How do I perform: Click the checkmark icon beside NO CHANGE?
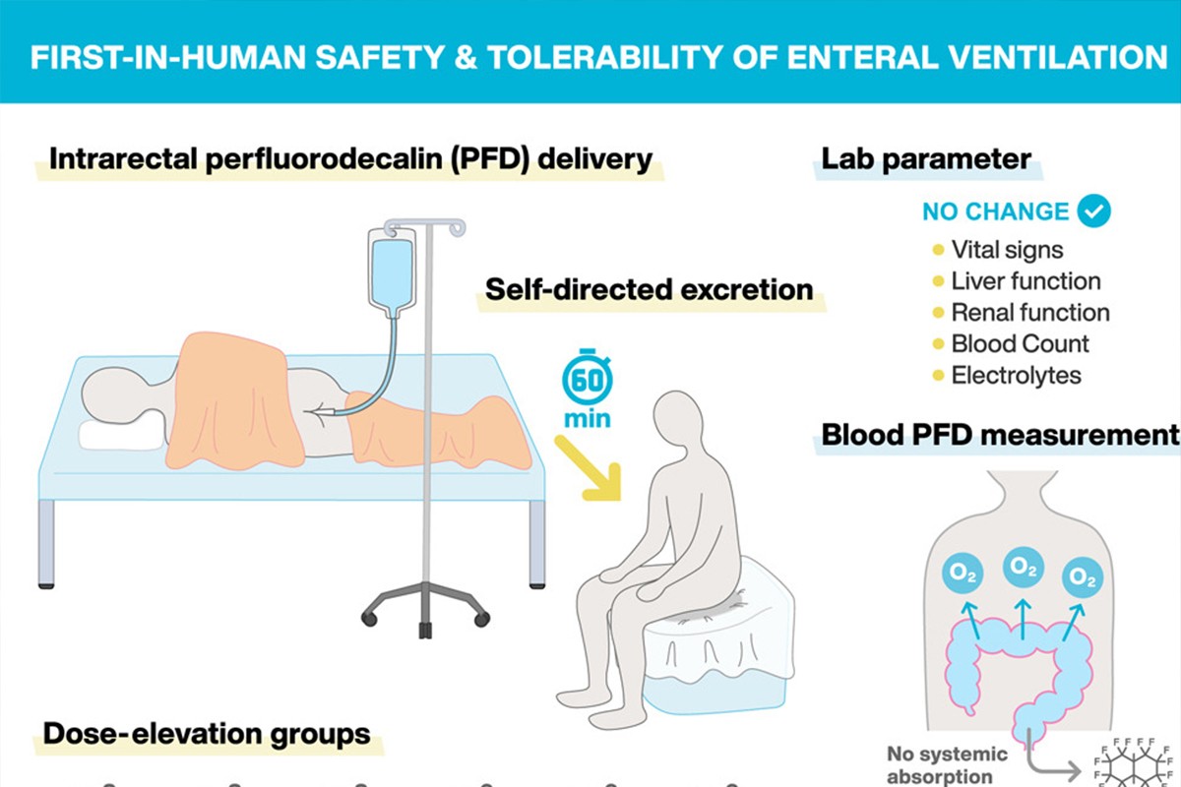pyautogui.click(x=1094, y=211)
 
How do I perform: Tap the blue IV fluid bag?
pyautogui.click(x=392, y=273)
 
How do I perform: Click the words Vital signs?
pyautogui.click(x=1007, y=250)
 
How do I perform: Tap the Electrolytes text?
pyautogui.click(x=1016, y=376)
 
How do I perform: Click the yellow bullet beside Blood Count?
pyautogui.click(x=938, y=344)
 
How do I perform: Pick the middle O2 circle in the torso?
pyautogui.click(x=1023, y=568)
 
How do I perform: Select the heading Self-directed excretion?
pyautogui.click(x=649, y=289)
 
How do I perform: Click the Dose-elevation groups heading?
pyautogui.click(x=207, y=734)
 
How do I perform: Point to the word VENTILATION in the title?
pyautogui.click(x=977, y=57)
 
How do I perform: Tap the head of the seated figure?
pyautogui.click(x=680, y=420)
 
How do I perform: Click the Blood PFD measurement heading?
pyautogui.click(x=1000, y=435)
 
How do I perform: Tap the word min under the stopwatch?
pyautogui.click(x=588, y=419)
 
